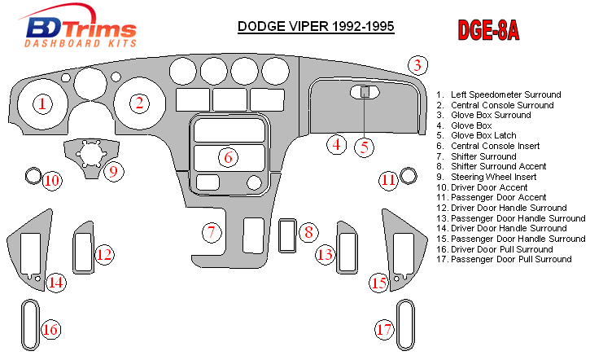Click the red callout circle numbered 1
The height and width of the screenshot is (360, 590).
click(x=42, y=103)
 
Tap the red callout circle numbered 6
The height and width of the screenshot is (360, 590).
click(x=229, y=156)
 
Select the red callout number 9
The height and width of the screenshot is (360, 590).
click(x=113, y=171)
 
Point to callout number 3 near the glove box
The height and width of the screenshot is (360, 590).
click(x=417, y=66)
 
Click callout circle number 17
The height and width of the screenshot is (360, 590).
click(x=385, y=329)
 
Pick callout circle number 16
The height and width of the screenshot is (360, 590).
click(x=50, y=329)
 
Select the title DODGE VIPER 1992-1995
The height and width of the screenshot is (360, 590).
click(x=316, y=26)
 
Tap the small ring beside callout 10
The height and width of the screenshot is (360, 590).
click(x=33, y=173)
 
